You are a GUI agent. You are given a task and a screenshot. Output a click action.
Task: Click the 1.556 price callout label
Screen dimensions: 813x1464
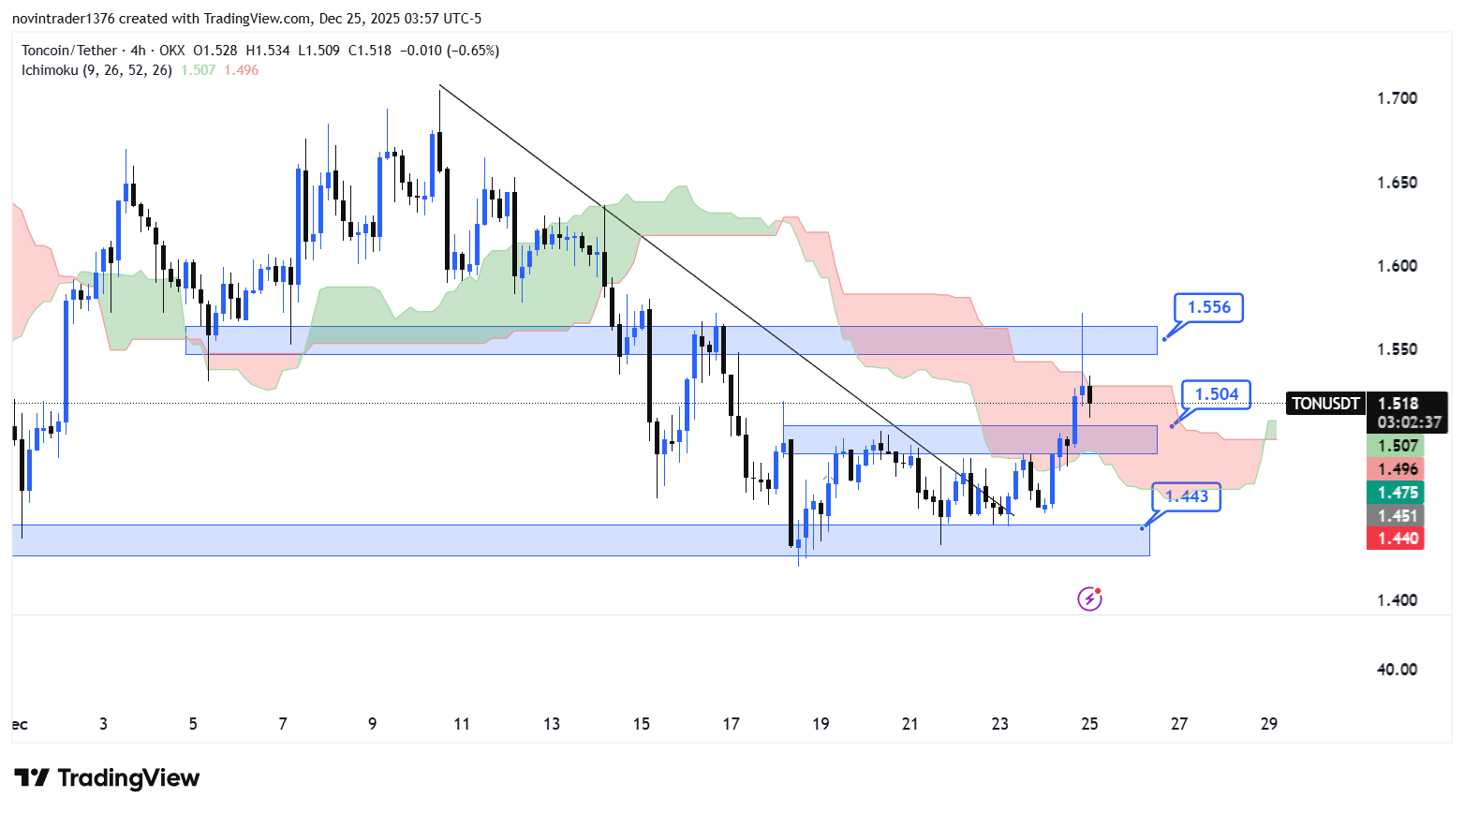[1208, 307]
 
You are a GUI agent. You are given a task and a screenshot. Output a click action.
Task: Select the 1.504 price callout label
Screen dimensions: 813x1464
[1216, 394]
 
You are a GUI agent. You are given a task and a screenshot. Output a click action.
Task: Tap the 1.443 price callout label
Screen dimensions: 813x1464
[1187, 496]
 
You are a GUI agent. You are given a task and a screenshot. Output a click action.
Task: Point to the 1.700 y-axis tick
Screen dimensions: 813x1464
[1397, 98]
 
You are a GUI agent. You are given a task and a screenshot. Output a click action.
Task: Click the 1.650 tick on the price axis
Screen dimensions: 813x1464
[1397, 183]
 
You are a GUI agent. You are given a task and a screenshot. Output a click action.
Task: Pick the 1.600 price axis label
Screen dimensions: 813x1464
[1397, 266]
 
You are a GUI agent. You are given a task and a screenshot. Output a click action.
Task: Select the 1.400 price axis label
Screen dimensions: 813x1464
[1397, 600]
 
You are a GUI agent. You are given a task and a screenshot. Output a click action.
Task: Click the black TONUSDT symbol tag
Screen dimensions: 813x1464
[1325, 404]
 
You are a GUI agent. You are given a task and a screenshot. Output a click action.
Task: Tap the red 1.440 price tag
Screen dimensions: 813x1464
[1397, 539]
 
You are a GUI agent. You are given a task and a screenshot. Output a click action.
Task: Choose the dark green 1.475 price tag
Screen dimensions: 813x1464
[1397, 493]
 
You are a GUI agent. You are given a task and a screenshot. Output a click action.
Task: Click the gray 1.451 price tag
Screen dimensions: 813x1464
[1397, 516]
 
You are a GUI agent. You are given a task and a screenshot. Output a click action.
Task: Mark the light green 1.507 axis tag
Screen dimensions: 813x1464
[1397, 446]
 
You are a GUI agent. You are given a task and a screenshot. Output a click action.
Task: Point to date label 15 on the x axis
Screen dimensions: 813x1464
[641, 724]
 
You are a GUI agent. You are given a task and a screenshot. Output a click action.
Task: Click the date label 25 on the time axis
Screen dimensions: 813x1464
[1089, 724]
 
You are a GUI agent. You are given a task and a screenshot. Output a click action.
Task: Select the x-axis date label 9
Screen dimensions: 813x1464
[372, 724]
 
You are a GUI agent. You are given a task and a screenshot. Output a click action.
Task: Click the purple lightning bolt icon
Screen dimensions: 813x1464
[1089, 599]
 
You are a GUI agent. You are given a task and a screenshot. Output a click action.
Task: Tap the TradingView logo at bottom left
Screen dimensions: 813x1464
[107, 778]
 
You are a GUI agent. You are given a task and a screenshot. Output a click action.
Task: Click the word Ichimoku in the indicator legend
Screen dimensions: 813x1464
[50, 70]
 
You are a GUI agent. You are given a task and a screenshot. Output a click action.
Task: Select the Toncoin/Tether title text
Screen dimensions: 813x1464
[69, 51]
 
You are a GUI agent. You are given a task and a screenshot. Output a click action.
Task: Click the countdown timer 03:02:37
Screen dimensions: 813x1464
[1409, 422]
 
